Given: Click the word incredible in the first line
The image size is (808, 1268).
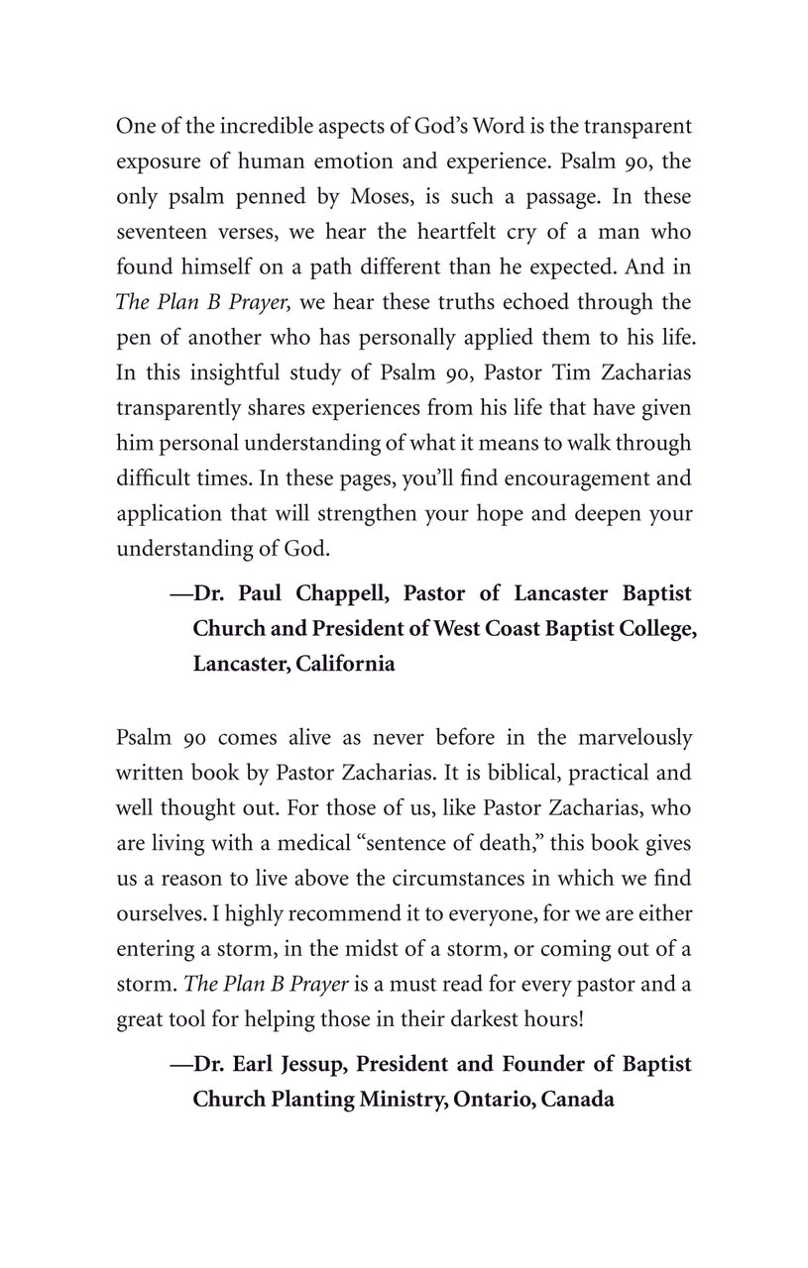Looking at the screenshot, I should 230,126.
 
